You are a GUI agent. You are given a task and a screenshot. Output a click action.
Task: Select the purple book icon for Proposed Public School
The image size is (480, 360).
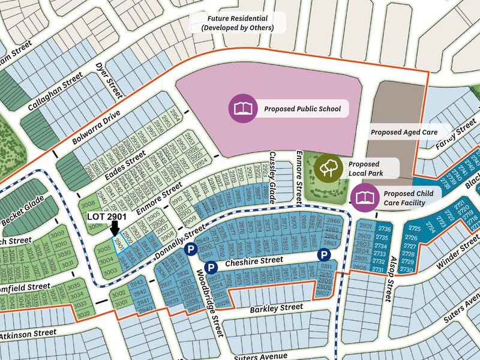(242, 109)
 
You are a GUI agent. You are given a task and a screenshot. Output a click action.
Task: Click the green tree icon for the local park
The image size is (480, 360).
(328, 167)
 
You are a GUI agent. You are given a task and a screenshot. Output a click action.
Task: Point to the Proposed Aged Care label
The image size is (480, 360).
(401, 132)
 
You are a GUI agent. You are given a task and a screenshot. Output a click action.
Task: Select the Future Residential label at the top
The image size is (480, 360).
(237, 23)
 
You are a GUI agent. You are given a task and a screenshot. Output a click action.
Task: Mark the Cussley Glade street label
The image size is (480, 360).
(275, 167)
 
